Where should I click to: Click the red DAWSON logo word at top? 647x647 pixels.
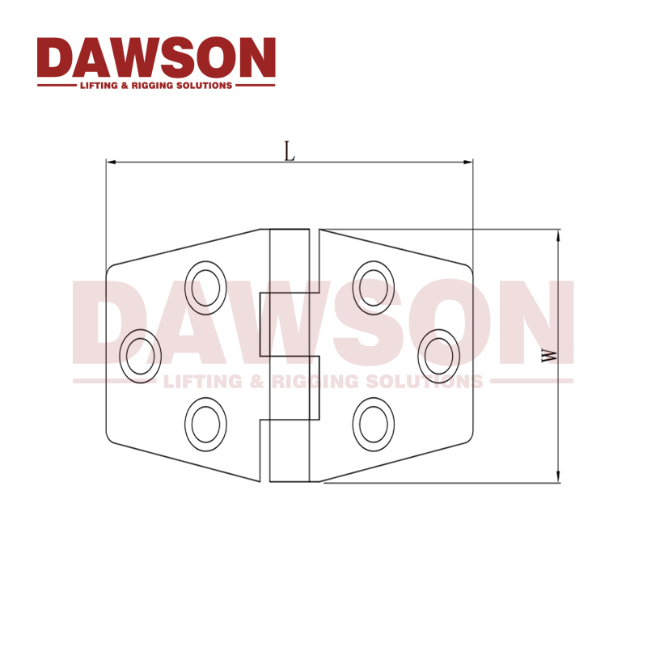pyautogui.click(x=156, y=57)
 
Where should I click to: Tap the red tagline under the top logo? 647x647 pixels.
pyautogui.click(x=156, y=85)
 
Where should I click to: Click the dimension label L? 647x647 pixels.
pyautogui.click(x=289, y=150)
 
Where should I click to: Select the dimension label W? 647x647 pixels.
pyautogui.click(x=548, y=355)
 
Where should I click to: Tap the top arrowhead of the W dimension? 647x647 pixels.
pyautogui.click(x=557, y=235)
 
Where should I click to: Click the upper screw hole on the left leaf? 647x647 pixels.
pyautogui.click(x=205, y=285)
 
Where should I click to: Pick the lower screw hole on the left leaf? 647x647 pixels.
pyautogui.click(x=205, y=424)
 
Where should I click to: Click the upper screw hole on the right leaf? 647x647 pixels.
pyautogui.click(x=374, y=285)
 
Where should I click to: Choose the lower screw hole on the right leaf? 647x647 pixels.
pyautogui.click(x=374, y=424)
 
